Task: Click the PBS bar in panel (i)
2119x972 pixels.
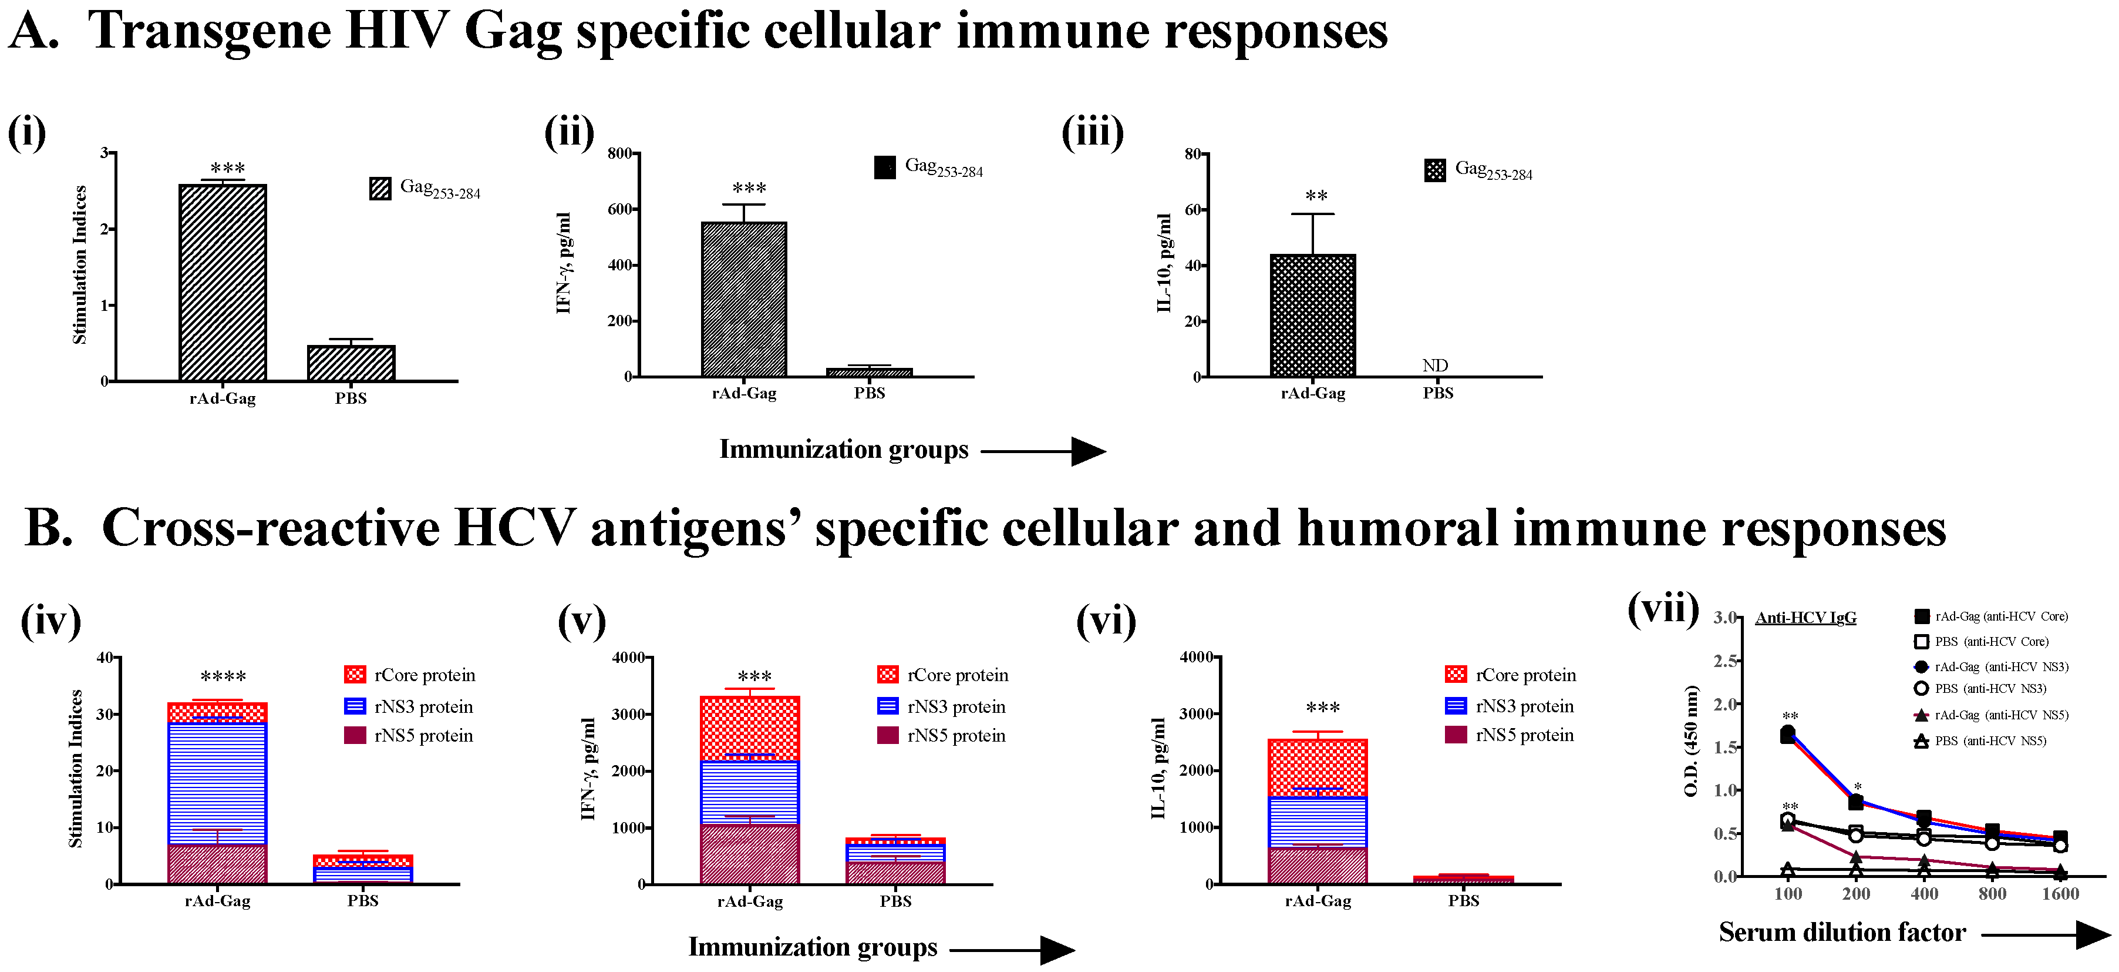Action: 351,363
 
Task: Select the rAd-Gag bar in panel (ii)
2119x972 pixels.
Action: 744,300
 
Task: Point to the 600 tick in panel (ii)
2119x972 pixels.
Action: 620,209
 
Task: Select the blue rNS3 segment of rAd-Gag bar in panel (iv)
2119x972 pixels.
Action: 217,782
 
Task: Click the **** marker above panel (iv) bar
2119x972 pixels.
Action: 223,676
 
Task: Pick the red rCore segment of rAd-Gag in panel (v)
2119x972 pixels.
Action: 749,728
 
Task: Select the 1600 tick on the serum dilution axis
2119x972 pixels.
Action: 2060,894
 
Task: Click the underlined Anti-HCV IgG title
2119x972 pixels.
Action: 1805,617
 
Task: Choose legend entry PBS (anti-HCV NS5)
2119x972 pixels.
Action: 1989,740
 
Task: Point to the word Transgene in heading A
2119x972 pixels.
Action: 209,31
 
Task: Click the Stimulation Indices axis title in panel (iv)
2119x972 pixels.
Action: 76,769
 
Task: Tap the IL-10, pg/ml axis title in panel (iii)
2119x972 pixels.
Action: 1164,263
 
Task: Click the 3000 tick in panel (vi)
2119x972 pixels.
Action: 1196,713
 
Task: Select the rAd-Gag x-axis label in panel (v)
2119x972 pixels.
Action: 749,901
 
